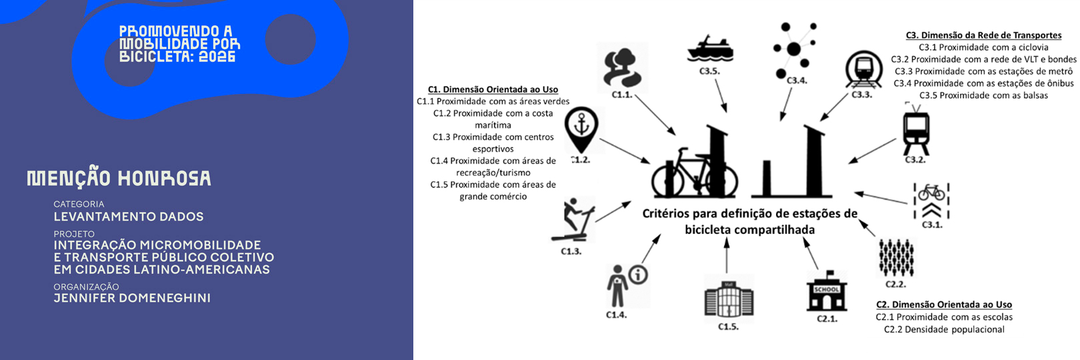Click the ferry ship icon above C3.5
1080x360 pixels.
tap(710, 49)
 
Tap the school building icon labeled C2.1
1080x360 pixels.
tap(827, 291)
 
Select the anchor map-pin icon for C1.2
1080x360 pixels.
tap(581, 129)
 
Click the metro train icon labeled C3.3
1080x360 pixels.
tap(863, 71)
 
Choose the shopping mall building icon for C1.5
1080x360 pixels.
tap(729, 299)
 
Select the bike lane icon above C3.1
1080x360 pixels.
tap(931, 201)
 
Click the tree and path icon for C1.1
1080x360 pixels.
tap(623, 67)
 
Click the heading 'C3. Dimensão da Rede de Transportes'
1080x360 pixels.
tap(983, 35)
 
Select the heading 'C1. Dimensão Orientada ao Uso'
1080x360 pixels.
tap(493, 89)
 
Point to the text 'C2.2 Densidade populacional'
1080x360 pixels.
tap(944, 329)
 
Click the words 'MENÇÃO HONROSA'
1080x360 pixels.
tap(119, 178)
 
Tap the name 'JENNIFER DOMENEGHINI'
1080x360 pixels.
tap(132, 298)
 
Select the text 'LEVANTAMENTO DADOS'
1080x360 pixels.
tap(129, 217)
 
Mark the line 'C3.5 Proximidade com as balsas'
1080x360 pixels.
tap(983, 95)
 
